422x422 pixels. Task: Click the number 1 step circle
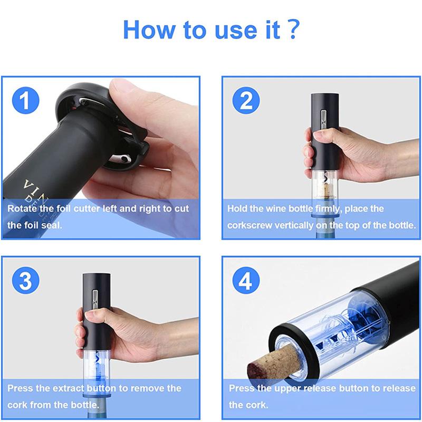click(25, 100)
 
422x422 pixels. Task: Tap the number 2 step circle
click(246, 100)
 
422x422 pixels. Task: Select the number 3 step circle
click(25, 281)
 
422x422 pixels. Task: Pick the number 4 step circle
click(246, 281)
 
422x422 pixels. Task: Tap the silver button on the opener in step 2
click(324, 119)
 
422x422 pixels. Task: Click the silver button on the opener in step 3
click(95, 299)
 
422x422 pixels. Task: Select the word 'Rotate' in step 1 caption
click(22, 208)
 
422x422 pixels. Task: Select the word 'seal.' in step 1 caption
click(51, 225)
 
